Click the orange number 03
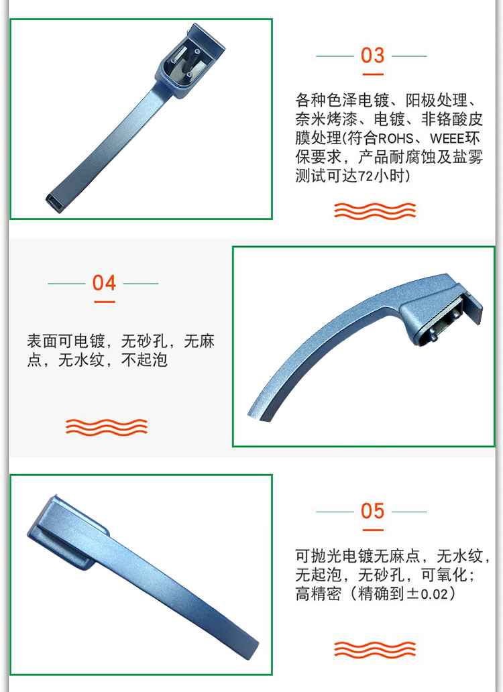pyautogui.click(x=372, y=56)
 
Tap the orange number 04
pyautogui.click(x=104, y=283)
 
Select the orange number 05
pyautogui.click(x=372, y=511)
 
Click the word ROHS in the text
pyautogui.click(x=395, y=139)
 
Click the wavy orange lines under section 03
pyautogui.click(x=375, y=211)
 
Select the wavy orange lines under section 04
pyautogui.click(x=107, y=427)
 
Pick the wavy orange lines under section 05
pyautogui.click(x=375, y=650)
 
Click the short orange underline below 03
pyautogui.click(x=373, y=74)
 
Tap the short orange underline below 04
pyautogui.click(x=105, y=302)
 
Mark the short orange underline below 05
pyautogui.click(x=373, y=530)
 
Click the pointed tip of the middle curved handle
pyautogui.click(x=249, y=414)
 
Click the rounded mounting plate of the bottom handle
pyautogui.click(x=66, y=532)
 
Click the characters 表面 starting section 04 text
pyautogui.click(x=42, y=341)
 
